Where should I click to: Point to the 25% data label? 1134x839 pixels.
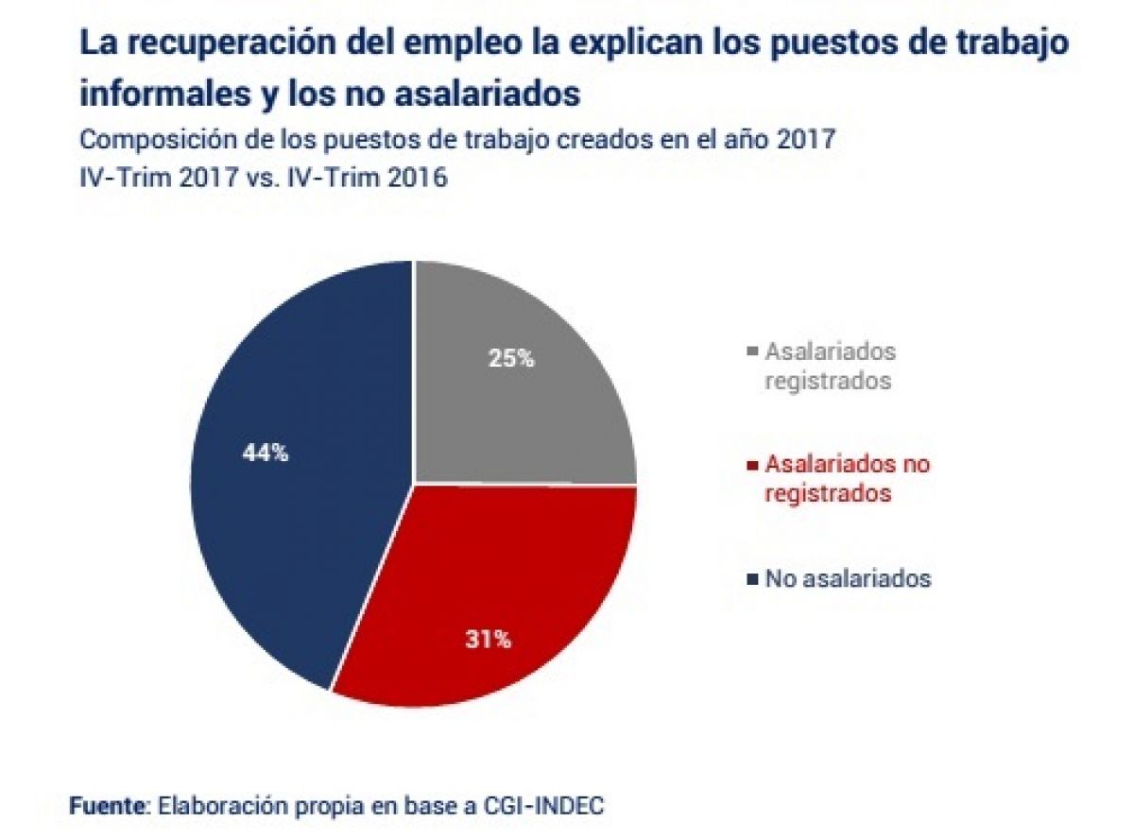[x=512, y=359]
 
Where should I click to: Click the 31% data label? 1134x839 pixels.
[x=488, y=640]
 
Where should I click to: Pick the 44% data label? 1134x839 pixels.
[x=266, y=454]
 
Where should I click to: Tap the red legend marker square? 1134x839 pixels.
[x=752, y=466]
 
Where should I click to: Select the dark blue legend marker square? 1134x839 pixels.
[x=752, y=579]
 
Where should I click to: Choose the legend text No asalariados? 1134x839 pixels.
[x=848, y=579]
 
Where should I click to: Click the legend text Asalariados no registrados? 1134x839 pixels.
[x=848, y=479]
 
